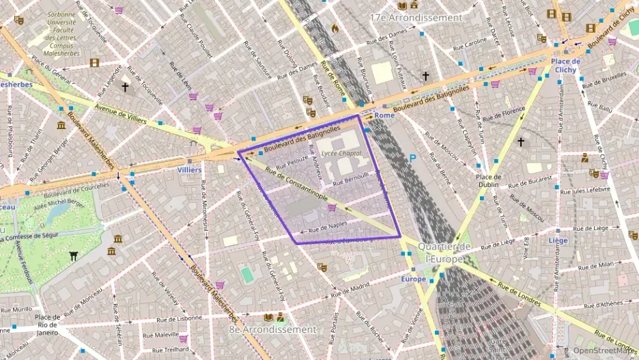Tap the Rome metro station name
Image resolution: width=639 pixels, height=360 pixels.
[384, 115]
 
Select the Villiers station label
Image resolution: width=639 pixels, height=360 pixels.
[189, 169]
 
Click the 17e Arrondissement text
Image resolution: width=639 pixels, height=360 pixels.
[416, 17]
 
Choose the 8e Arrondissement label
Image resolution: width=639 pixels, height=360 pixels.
[272, 329]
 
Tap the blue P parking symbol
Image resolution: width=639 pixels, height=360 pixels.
[412, 158]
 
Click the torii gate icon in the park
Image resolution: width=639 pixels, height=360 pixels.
[73, 256]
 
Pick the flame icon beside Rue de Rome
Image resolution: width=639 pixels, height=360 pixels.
[335, 28]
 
